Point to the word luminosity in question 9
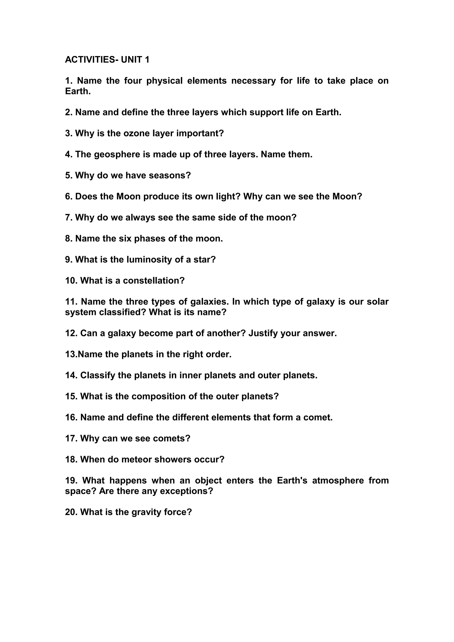149,260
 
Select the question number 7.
69,218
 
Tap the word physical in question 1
164,81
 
